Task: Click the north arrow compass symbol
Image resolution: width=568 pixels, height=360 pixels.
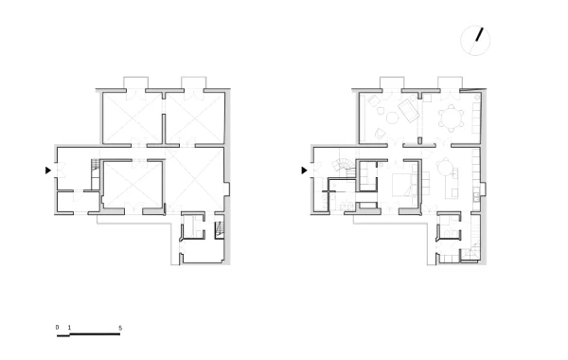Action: pos(475,41)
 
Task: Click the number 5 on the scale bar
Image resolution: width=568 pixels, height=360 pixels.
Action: pos(120,328)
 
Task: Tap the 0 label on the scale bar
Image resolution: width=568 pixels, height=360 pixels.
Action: pos(57,328)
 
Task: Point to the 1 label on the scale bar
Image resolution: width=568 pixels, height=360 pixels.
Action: pos(69,328)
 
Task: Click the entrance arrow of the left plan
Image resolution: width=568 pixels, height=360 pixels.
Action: pos(48,170)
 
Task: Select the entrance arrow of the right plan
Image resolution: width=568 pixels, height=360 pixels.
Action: pos(304,170)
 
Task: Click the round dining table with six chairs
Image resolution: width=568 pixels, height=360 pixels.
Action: pos(452,118)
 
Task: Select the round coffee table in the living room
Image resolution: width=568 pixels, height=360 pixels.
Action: pos(392,117)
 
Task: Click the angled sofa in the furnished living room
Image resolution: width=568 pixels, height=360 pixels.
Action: pos(409,112)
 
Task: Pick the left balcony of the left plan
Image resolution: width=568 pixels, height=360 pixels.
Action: pos(135,82)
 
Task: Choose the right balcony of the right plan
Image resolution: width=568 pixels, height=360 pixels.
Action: pos(450,82)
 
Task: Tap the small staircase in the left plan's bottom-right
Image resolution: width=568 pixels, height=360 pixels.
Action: pos(220,230)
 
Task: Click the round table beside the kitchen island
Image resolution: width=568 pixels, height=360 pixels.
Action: pos(445,167)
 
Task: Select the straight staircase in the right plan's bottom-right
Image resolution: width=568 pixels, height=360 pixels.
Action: pos(475,238)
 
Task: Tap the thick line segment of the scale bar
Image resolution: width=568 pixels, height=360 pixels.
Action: pos(95,333)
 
